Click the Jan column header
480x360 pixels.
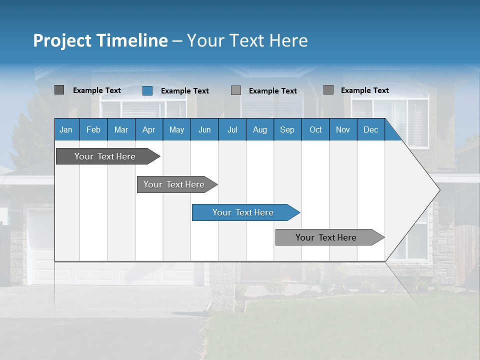[66, 129]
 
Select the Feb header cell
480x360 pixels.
[93, 129]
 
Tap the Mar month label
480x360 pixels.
[121, 129]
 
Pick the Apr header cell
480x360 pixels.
[149, 129]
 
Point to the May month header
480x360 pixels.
[176, 129]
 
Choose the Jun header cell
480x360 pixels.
[204, 129]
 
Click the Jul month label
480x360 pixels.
[232, 129]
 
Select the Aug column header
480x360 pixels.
[260, 129]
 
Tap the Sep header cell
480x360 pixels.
[287, 129]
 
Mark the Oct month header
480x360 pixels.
[315, 129]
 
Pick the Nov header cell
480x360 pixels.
[343, 129]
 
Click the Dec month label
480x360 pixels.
[371, 129]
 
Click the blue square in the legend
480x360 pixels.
[147, 90]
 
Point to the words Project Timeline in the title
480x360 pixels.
[100, 40]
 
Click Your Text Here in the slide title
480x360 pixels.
[247, 40]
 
